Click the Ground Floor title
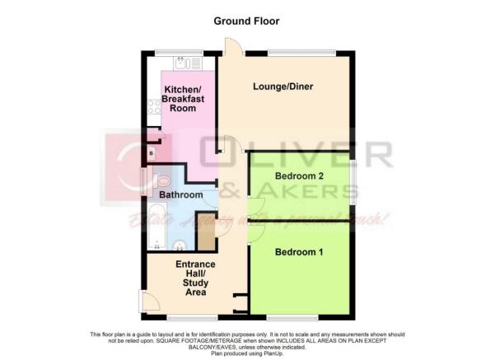(247, 20)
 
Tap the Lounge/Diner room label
(282, 86)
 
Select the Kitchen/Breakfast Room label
(184, 99)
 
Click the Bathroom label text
(180, 195)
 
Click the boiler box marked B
(152, 153)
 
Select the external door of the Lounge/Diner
(232, 49)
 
